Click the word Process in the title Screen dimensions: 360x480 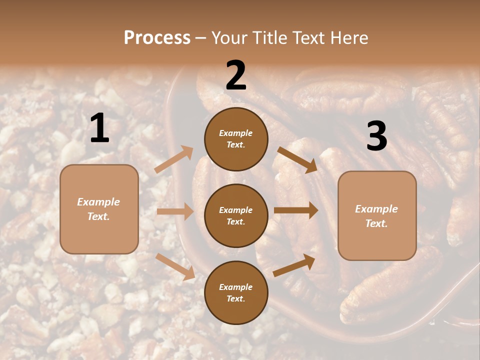[157, 38]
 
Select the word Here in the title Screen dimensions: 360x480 [348, 38]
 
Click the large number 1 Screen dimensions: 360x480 [99, 128]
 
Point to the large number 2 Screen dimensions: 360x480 [236, 75]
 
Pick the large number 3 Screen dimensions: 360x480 [376, 136]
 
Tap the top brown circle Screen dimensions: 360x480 [236, 139]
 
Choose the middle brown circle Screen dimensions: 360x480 [236, 215]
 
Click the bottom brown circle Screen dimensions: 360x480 [236, 292]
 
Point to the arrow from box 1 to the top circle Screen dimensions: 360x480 [174, 159]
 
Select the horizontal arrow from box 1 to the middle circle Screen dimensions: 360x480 [175, 211]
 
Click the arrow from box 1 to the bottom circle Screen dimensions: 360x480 [175, 266]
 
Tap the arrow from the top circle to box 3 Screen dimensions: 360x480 [297, 159]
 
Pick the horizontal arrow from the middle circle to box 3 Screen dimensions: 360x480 [296, 210]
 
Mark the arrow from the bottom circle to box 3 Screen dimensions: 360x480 [294, 265]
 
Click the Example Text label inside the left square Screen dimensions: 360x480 [98, 209]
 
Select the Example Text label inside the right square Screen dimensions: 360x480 [376, 216]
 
